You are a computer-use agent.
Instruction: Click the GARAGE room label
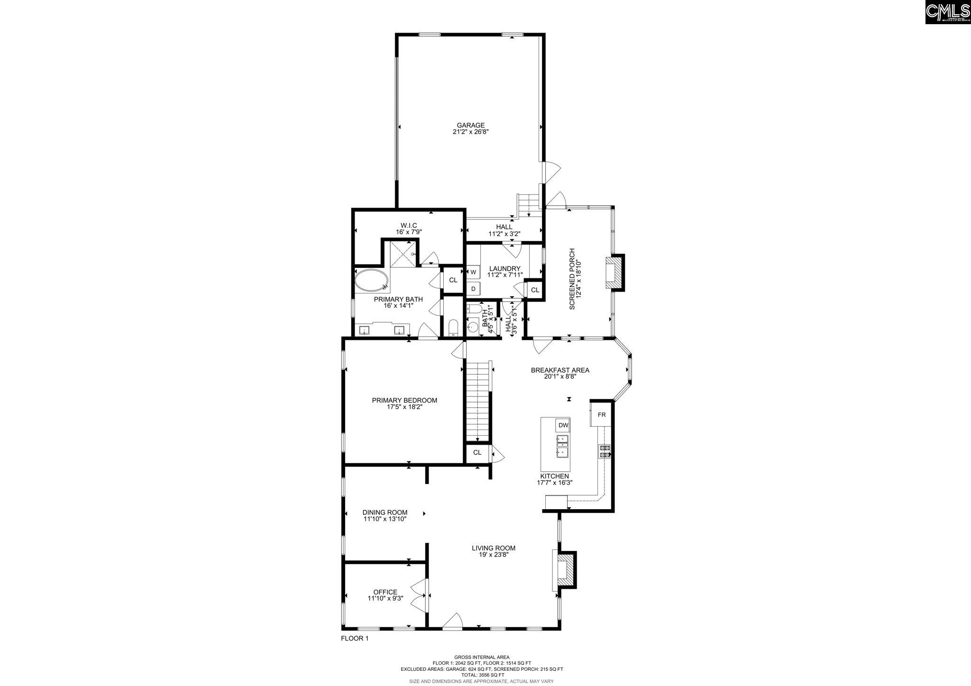click(470, 125)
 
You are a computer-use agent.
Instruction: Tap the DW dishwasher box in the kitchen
click(563, 425)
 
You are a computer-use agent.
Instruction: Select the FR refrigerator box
click(601, 415)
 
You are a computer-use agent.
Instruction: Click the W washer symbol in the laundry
click(473, 272)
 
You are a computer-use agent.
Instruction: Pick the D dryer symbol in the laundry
click(473, 289)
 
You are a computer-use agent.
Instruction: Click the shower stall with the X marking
click(404, 254)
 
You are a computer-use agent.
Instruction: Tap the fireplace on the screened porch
click(614, 273)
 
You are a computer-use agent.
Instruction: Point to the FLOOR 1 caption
click(355, 639)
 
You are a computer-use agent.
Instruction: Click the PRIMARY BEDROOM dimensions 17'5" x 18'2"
click(404, 406)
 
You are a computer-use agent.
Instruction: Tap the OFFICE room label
click(385, 592)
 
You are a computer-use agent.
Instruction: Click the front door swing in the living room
click(453, 621)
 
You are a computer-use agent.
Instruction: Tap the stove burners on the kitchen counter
click(605, 451)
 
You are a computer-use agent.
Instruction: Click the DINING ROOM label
click(385, 512)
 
